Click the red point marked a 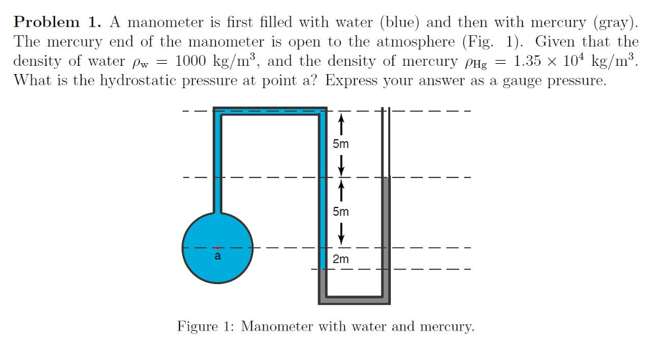[218, 247]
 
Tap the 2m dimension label [341, 259]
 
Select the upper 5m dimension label [341, 144]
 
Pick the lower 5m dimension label [341, 211]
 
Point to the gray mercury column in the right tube [386, 236]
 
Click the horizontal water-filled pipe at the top [268, 112]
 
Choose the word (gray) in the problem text [616, 22]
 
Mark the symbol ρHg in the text [474, 63]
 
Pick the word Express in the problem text [350, 82]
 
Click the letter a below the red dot [217, 256]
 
